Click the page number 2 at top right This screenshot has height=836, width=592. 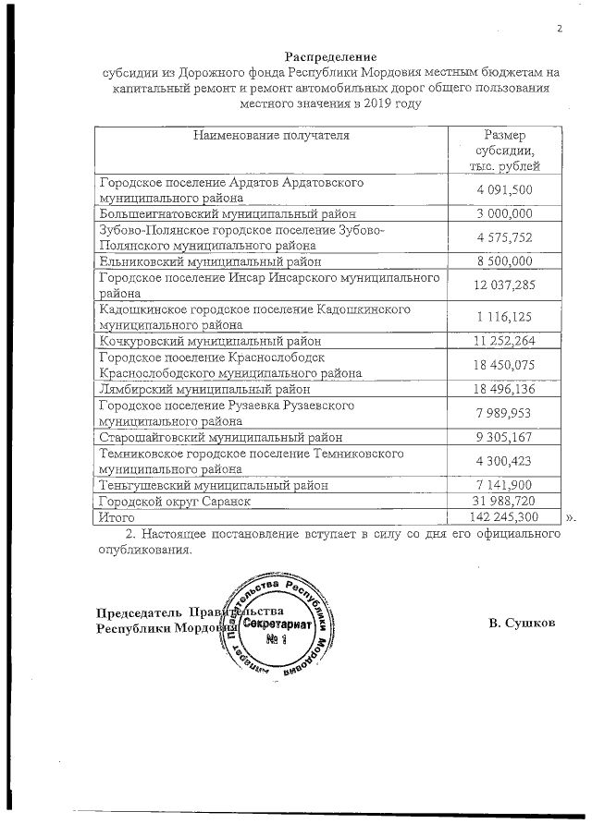(559, 28)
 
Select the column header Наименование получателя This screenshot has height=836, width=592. (271, 136)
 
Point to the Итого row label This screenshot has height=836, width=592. (117, 517)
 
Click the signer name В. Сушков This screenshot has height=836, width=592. (523, 623)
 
